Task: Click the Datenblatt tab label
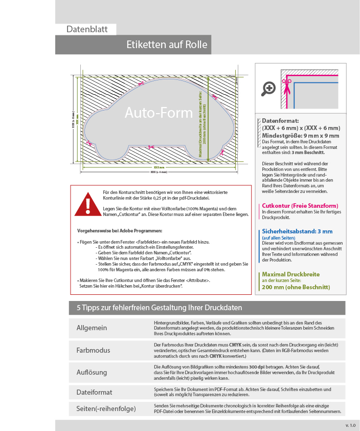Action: pos(87,29)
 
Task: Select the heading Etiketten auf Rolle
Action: pos(167,45)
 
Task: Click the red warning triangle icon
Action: pos(87,204)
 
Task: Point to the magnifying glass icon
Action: pos(268,88)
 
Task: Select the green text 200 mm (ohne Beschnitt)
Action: pos(296,287)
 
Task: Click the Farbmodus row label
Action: pos(94,351)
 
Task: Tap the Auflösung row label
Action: pos(92,372)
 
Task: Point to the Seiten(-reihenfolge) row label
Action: pos(106,408)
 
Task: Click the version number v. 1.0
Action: pos(349,425)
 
